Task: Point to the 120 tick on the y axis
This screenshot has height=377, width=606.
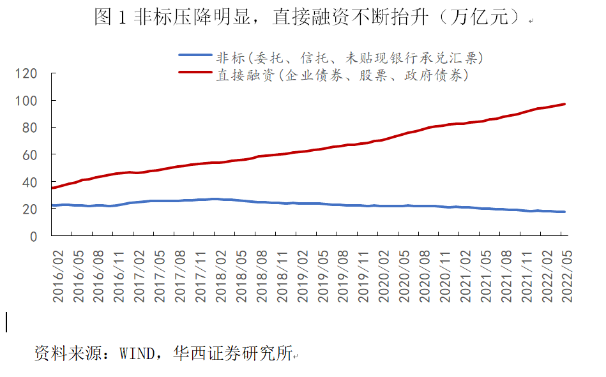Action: pos(27,74)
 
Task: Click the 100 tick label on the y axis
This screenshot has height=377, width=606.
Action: pos(27,101)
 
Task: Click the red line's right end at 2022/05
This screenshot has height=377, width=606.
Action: pos(564,104)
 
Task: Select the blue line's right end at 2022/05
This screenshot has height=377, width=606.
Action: pos(564,212)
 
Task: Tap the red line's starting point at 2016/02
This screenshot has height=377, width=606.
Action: pos(52,188)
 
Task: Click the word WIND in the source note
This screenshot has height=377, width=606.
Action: pos(137,353)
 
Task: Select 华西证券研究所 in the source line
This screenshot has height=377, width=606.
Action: pos(232,353)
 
